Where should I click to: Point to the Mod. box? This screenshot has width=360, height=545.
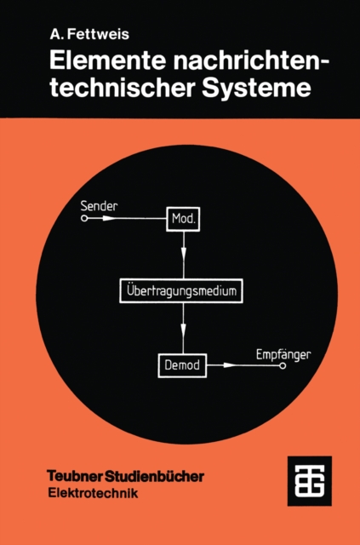[184, 219]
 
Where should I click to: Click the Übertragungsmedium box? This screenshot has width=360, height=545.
[184, 291]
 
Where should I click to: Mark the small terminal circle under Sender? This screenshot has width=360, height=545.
[83, 219]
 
